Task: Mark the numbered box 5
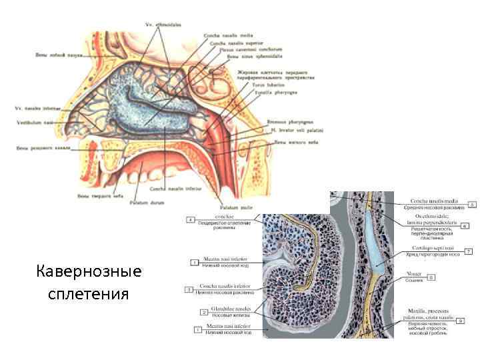click(x=471, y=204)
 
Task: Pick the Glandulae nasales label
click(x=221, y=309)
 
